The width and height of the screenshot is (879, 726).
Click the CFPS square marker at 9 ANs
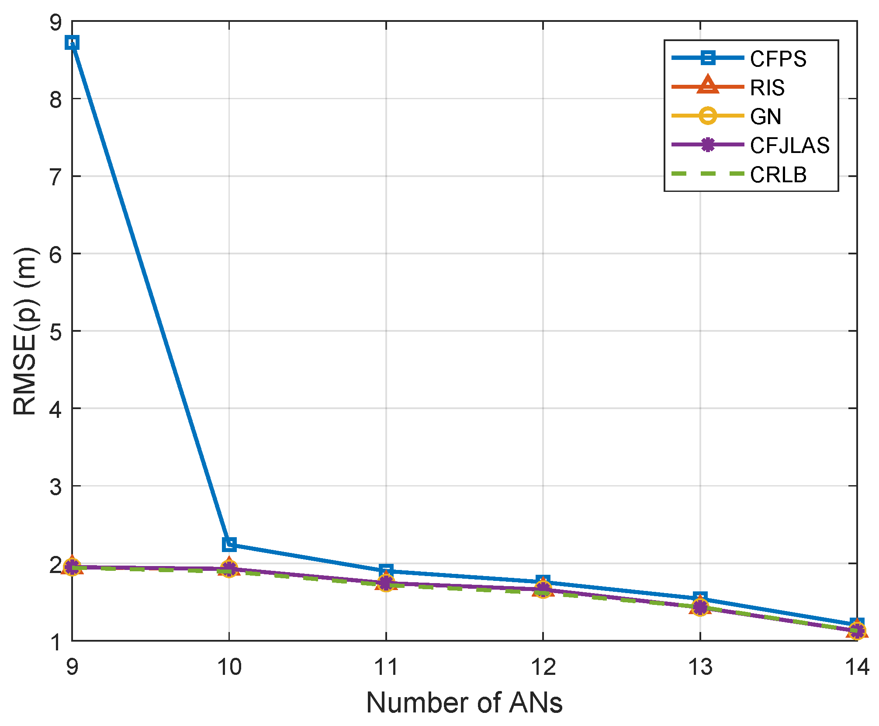72,43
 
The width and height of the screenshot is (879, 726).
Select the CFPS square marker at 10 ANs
229,544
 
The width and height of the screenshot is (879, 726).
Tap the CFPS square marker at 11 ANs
386,570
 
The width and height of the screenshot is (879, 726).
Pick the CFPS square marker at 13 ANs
700,598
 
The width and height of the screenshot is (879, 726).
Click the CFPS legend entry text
778,59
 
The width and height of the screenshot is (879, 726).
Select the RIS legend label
767,88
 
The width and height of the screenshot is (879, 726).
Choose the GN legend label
765,117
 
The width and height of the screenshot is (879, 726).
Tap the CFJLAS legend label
789,146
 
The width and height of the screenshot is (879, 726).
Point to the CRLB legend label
778,175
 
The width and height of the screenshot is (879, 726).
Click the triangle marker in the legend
708,85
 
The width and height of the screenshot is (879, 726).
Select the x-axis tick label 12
543,667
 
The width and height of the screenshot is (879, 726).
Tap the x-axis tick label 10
229,667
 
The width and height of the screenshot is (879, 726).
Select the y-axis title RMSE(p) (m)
25,331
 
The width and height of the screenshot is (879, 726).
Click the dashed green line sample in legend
708,174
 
